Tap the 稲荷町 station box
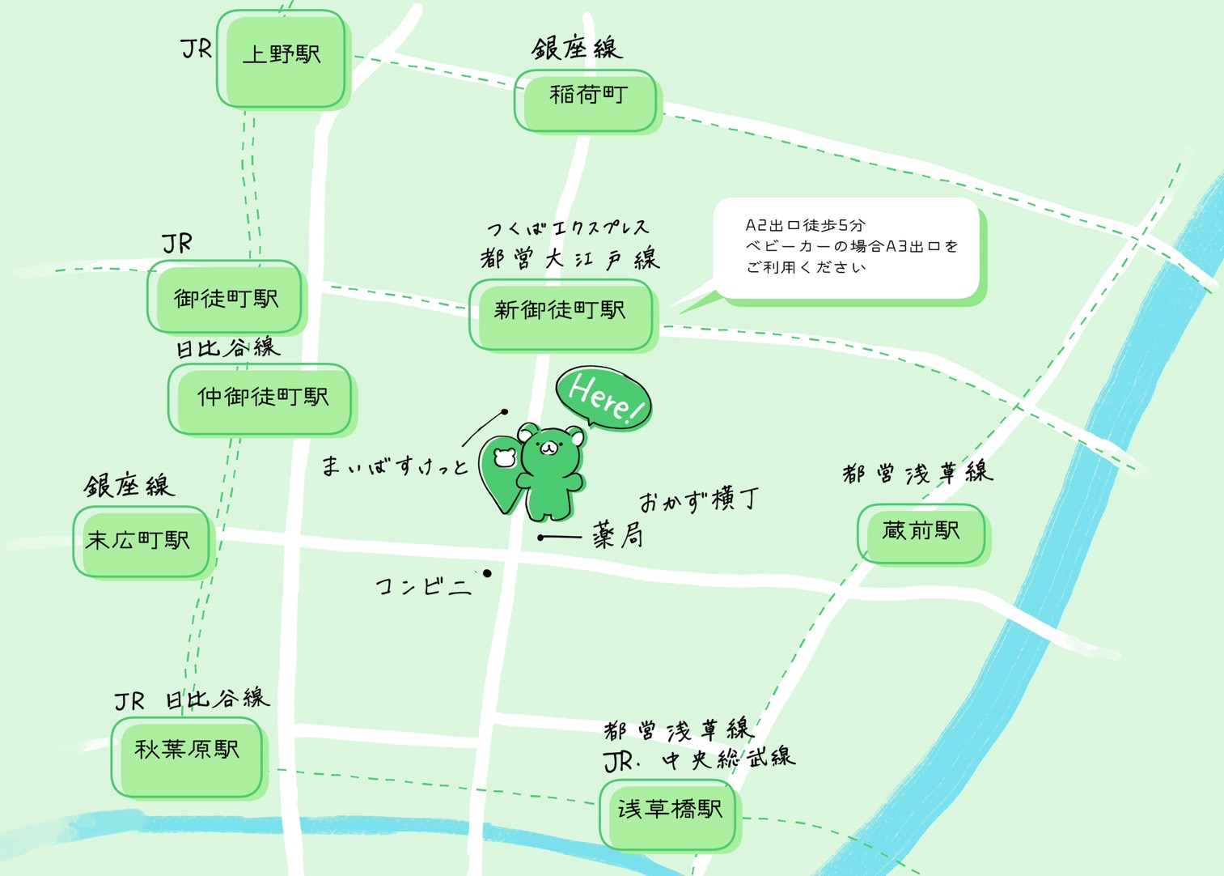click(x=587, y=100)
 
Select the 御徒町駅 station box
click(x=225, y=298)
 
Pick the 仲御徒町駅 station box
click(x=260, y=398)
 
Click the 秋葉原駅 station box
click(x=187, y=755)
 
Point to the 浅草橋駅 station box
click(x=669, y=813)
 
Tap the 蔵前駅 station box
click(x=921, y=533)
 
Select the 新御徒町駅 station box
click(x=561, y=314)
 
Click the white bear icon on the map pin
click(x=504, y=457)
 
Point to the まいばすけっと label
click(x=394, y=466)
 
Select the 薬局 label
click(x=618, y=535)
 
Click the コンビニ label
click(x=423, y=585)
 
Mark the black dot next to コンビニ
click(x=487, y=573)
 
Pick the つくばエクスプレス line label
click(x=568, y=228)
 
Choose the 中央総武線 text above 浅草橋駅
click(x=728, y=759)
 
